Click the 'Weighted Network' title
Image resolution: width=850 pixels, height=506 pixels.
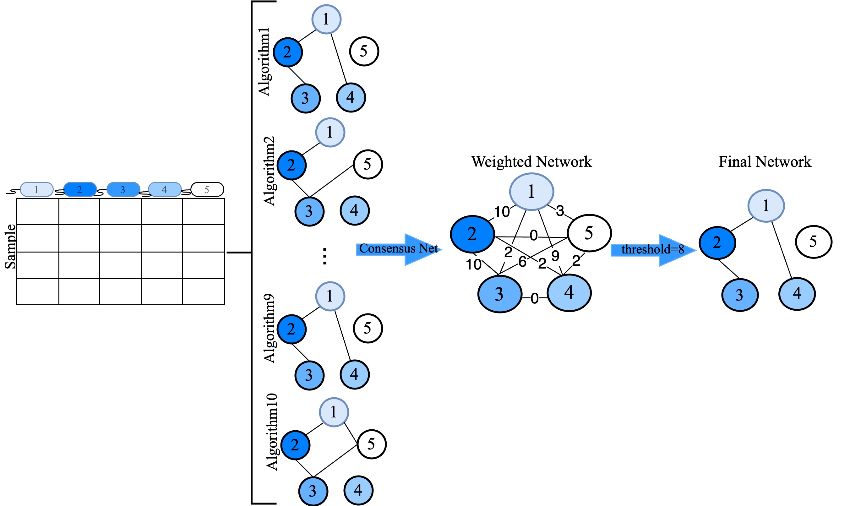[x=531, y=162]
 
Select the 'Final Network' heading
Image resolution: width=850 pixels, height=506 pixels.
[x=765, y=162]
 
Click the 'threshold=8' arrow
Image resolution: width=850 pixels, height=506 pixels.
[x=652, y=250]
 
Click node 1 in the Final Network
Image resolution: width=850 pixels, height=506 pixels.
[x=766, y=206]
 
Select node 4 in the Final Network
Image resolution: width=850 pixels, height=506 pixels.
[x=797, y=294]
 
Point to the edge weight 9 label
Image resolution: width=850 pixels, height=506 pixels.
[x=555, y=256]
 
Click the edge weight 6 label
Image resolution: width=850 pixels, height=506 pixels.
[x=522, y=262]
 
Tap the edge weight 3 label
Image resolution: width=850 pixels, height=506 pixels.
[x=560, y=211]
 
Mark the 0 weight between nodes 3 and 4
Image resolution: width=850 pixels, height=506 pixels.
[x=534, y=298]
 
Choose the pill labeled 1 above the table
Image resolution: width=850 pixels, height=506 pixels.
[x=36, y=190]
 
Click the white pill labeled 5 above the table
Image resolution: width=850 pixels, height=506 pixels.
[x=207, y=190]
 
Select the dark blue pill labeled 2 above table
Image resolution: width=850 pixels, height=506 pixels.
[x=80, y=190]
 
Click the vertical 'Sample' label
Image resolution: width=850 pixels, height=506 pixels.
[x=11, y=246]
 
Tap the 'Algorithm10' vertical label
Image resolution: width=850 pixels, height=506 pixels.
[x=272, y=432]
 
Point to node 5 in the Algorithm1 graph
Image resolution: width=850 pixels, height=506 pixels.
[x=364, y=52]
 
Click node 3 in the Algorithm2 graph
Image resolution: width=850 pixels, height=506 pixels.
[x=309, y=211]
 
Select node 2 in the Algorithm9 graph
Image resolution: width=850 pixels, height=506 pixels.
[x=291, y=329]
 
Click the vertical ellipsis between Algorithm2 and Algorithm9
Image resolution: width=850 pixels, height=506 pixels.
[x=324, y=256]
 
